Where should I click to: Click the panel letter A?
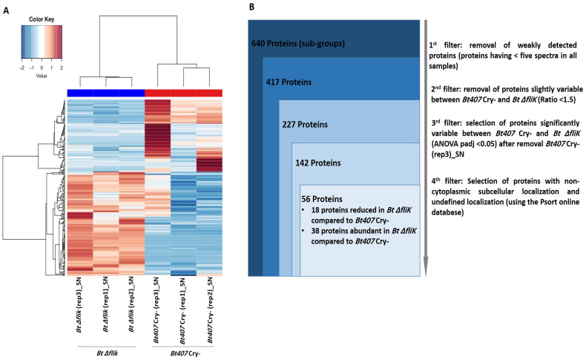[x=6, y=10]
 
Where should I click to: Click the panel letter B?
[x=251, y=7]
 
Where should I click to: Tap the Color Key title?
[x=42, y=19]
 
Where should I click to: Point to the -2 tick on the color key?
[x=22, y=68]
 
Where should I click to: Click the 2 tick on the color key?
[x=62, y=68]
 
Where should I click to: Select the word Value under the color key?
[x=42, y=76]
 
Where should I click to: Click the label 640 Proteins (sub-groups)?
[x=298, y=43]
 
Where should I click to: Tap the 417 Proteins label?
[x=289, y=82]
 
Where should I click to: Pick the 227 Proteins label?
[x=305, y=124]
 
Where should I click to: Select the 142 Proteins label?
[x=317, y=163]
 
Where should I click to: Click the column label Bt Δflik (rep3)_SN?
[x=79, y=304]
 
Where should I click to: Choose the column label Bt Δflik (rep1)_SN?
[x=105, y=304]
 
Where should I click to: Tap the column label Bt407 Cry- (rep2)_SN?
[x=210, y=310]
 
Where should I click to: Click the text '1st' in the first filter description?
[x=432, y=45]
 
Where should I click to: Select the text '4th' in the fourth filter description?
[x=435, y=181]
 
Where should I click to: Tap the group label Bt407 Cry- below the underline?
[x=185, y=353]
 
